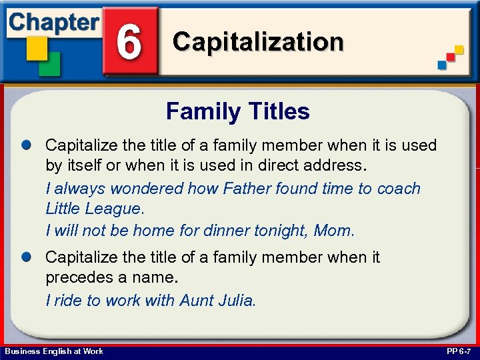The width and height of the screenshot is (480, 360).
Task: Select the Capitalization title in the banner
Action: point(258,41)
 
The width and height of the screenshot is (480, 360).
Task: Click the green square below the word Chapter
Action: point(50,64)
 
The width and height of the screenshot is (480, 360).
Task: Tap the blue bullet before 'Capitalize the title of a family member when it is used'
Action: point(27,145)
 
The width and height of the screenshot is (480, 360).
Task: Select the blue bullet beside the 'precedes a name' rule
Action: point(27,257)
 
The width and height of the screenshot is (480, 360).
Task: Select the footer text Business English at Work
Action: point(54,351)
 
